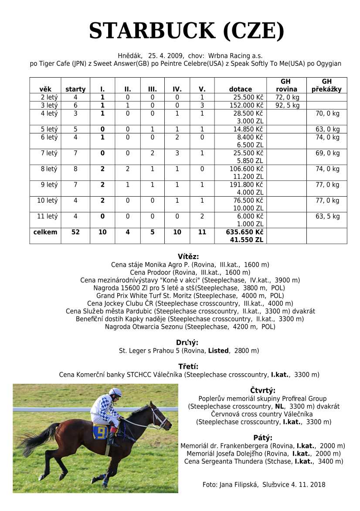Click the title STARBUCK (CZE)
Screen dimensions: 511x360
pyautogui.click(x=187, y=31)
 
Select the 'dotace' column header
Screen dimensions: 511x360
pyautogui.click(x=240, y=89)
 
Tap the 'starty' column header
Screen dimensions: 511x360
pyautogui.click(x=75, y=89)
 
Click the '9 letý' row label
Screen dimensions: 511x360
pyautogui.click(x=49, y=185)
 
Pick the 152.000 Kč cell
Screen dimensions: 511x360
pyautogui.click(x=247, y=106)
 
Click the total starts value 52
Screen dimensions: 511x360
pyautogui.click(x=75, y=232)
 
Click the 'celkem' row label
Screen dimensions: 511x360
pyautogui.click(x=45, y=232)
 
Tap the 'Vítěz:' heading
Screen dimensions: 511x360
pyautogui.click(x=188, y=257)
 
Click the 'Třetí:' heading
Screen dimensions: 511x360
pyautogui.click(x=188, y=366)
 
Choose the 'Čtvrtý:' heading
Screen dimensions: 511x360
pyautogui.click(x=263, y=391)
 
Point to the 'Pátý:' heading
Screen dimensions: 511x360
pyautogui.click(x=263, y=438)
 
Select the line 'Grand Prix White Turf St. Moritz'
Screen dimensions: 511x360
pyautogui.click(x=190, y=296)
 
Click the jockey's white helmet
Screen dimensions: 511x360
pyautogui.click(x=115, y=392)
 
